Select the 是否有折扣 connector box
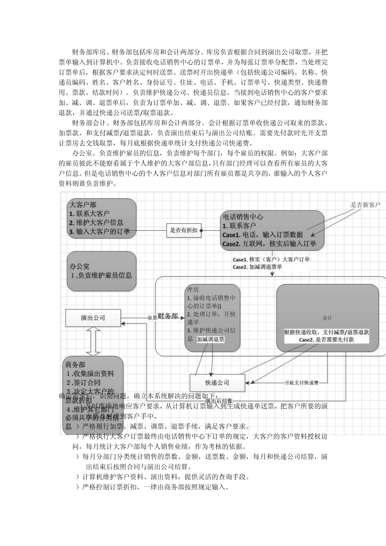tap(184, 230)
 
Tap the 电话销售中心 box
tap(272, 230)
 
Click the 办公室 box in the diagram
tap(101, 271)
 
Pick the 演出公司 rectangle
tap(93, 318)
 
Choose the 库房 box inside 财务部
tap(212, 313)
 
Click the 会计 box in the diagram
tap(327, 318)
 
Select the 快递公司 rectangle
tap(217, 383)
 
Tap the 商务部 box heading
tap(76, 364)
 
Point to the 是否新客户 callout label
tap(365, 205)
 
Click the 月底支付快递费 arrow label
tap(301, 383)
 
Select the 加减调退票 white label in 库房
tap(210, 339)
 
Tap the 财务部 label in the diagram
tap(168, 316)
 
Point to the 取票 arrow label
tap(152, 318)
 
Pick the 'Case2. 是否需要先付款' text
tap(326, 340)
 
